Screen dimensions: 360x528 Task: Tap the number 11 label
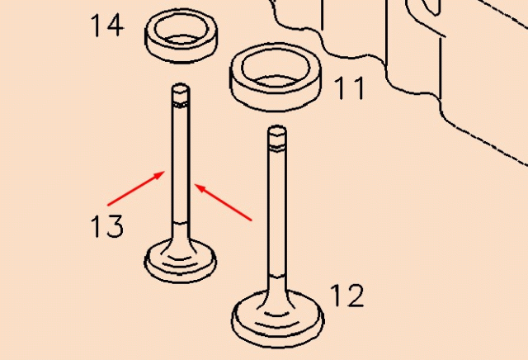pos(349,88)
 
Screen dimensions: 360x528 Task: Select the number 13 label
pos(107,225)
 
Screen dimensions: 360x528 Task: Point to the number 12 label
pos(347,295)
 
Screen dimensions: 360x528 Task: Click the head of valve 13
pos(180,263)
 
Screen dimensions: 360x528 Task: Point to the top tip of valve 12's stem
pos(276,130)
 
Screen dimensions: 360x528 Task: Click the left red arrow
pos(137,187)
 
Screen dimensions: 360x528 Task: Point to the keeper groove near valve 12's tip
pos(276,147)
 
